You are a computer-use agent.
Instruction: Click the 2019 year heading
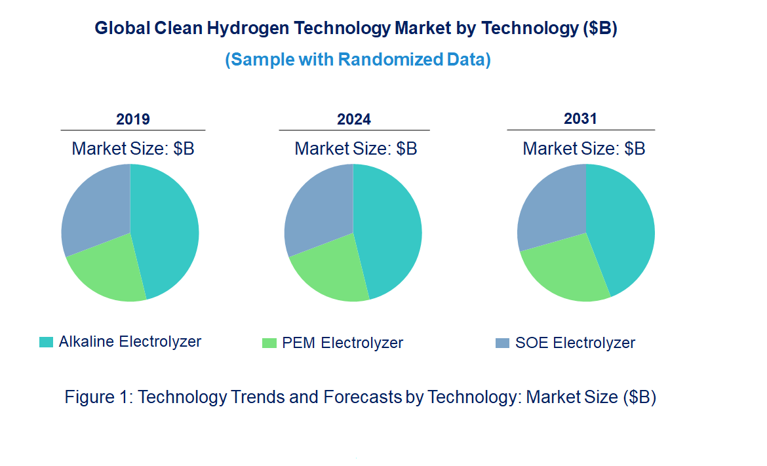coord(133,119)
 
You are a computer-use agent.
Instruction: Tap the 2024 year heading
coord(354,119)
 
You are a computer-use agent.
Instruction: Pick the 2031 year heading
coord(580,119)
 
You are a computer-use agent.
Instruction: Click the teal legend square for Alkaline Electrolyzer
coord(46,342)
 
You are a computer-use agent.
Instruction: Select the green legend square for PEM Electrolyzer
coord(269,343)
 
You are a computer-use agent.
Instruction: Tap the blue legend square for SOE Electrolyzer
coord(502,343)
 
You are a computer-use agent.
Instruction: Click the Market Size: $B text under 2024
coord(355,148)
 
